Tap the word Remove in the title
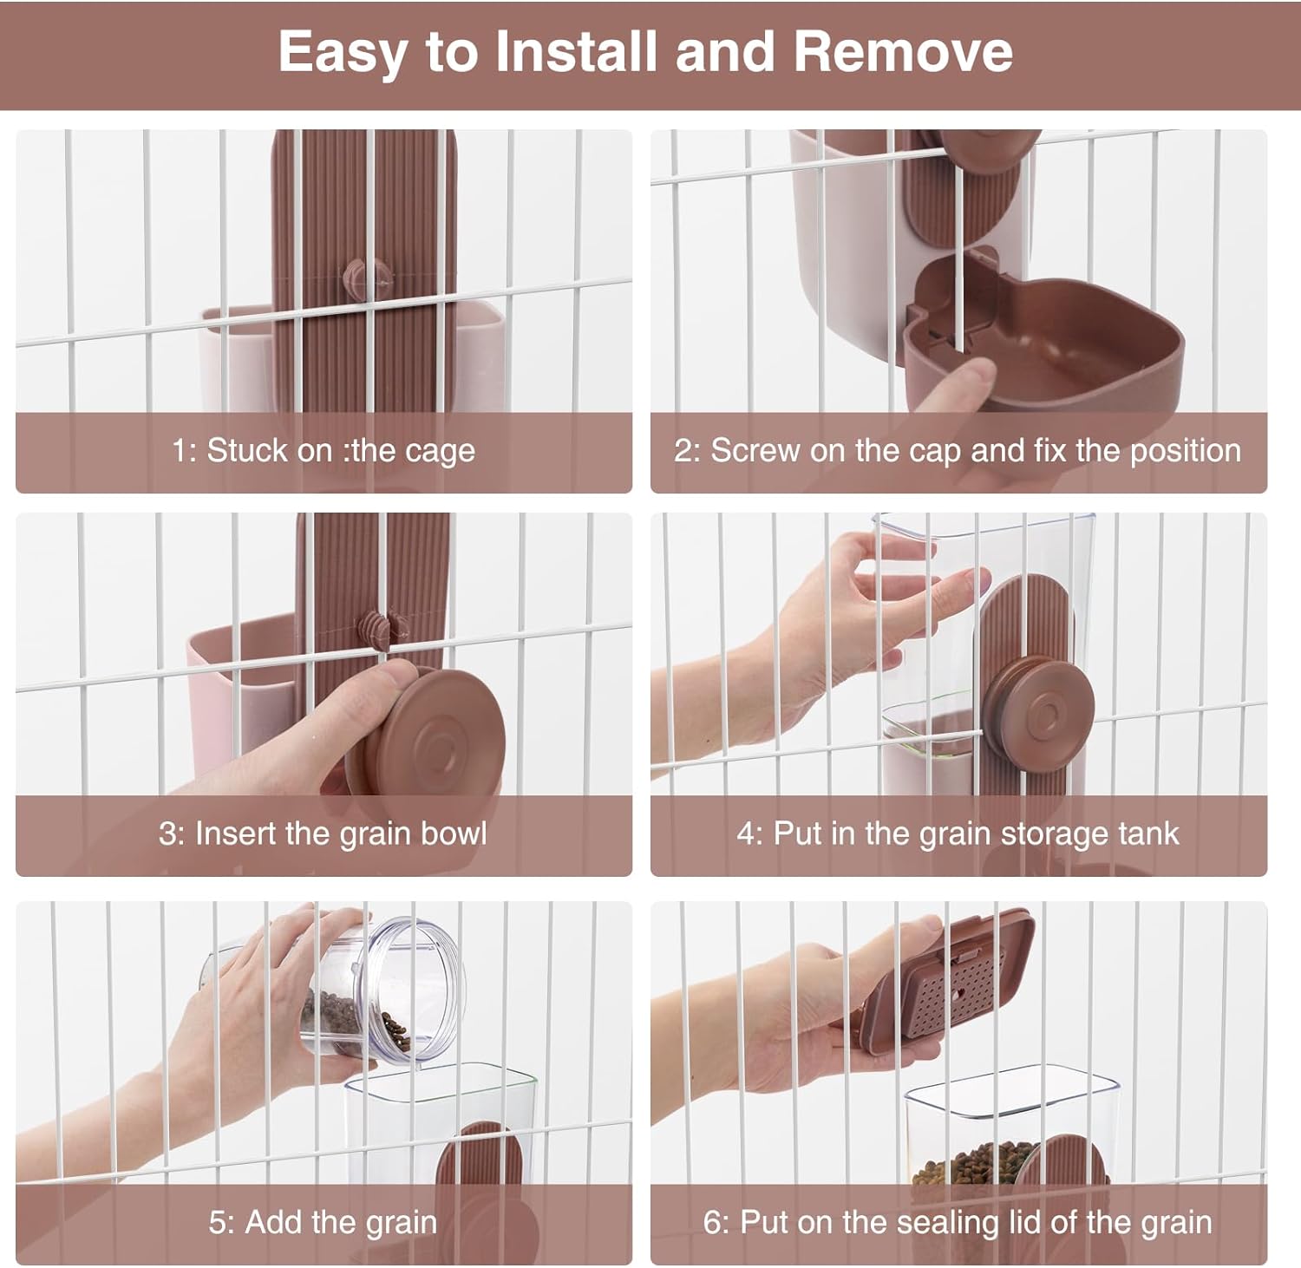(x=903, y=51)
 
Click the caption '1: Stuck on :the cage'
(x=324, y=451)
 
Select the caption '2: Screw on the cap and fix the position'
(x=958, y=451)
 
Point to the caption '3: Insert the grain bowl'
(x=323, y=833)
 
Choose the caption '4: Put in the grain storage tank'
(x=958, y=833)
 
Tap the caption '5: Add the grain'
(x=323, y=1222)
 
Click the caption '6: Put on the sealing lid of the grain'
(x=958, y=1222)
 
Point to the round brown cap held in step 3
(x=442, y=733)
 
